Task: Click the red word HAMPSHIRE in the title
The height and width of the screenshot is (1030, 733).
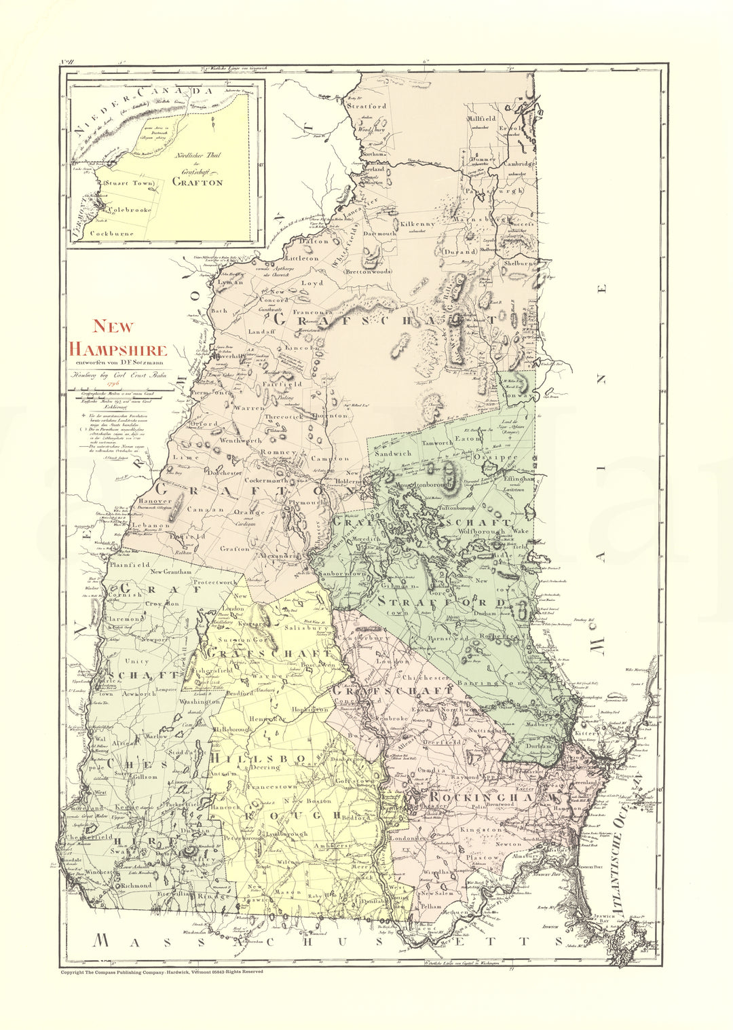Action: coord(119,350)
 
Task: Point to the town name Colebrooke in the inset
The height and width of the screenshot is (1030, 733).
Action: coord(129,210)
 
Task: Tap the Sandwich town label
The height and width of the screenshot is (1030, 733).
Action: coord(394,452)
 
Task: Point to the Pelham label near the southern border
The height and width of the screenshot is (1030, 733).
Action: coord(432,906)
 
